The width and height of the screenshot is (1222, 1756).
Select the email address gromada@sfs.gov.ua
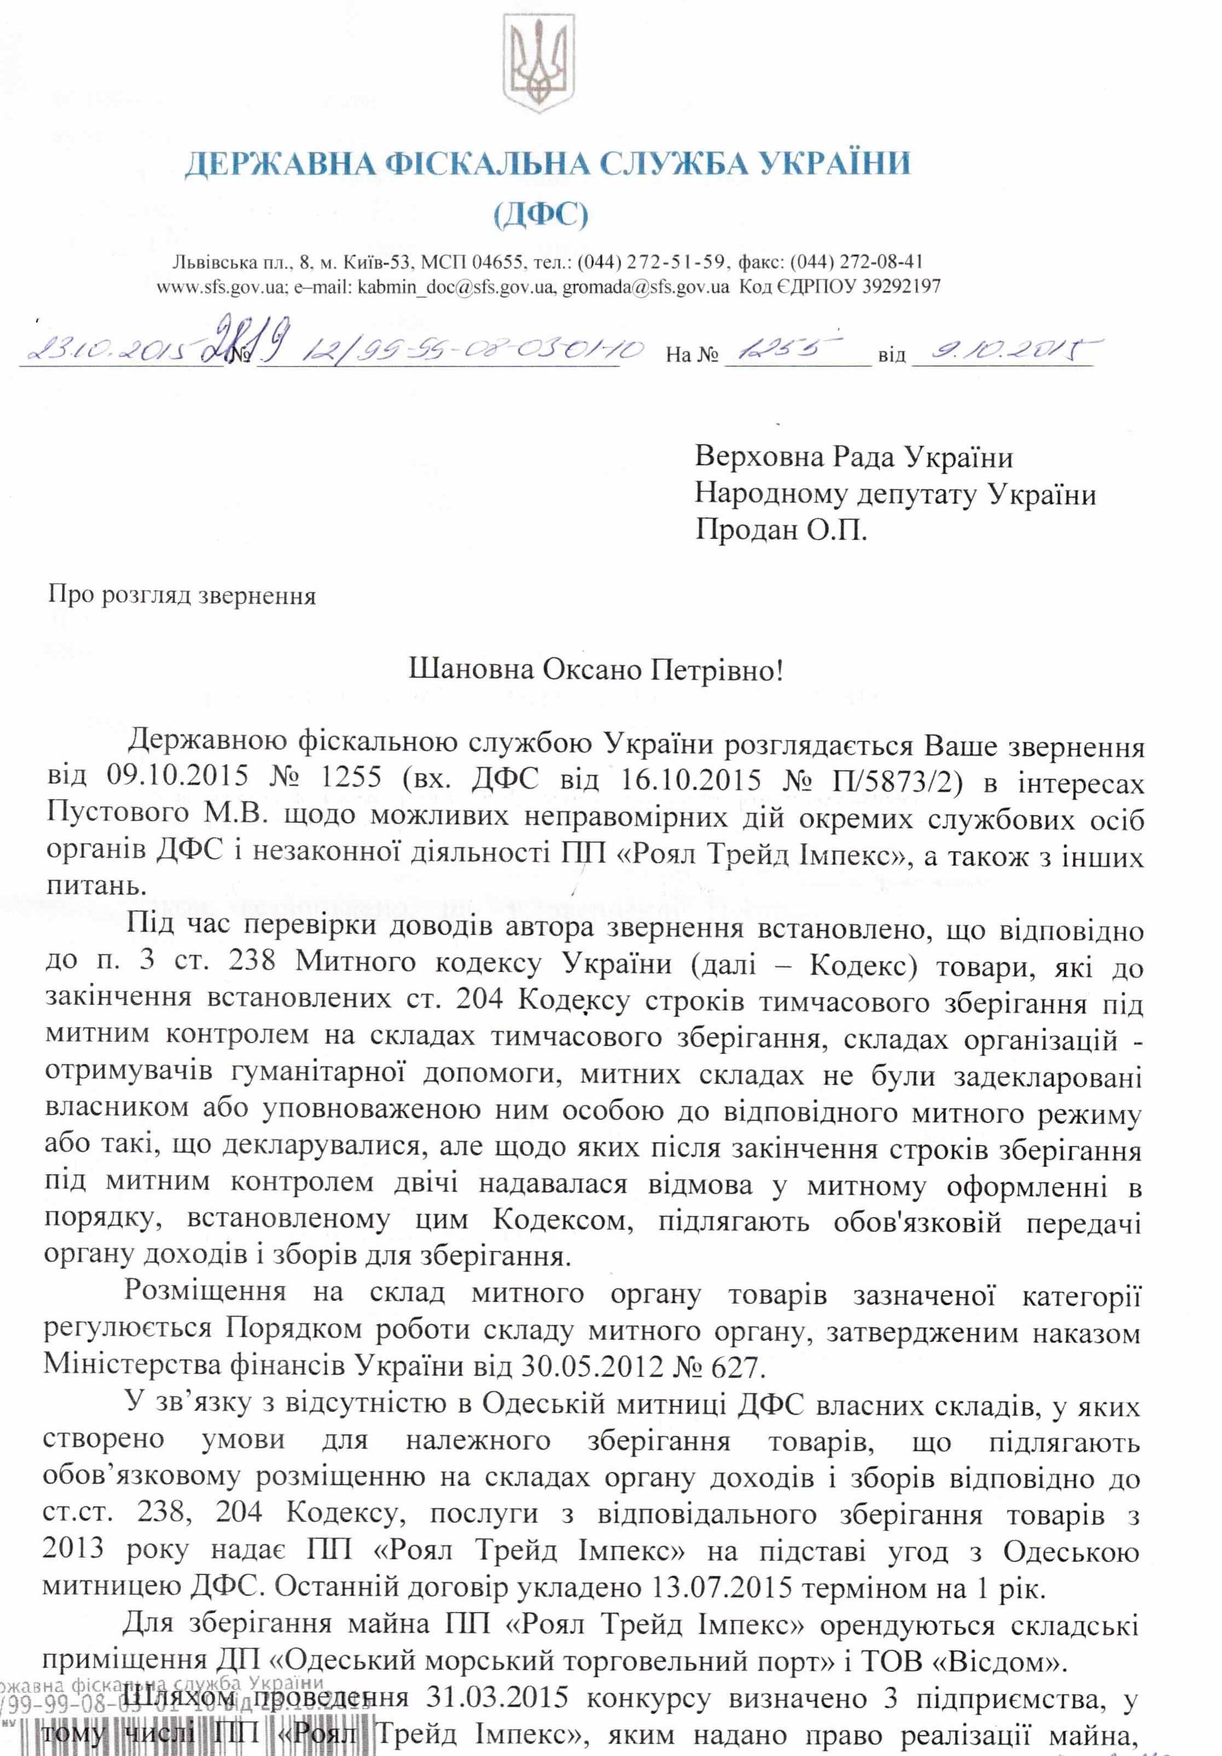[645, 287]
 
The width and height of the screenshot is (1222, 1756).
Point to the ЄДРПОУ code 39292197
[899, 287]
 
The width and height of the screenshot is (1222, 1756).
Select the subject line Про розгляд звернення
[182, 595]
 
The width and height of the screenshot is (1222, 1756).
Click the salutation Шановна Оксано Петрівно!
[596, 670]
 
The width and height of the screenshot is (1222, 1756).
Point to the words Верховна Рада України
[853, 457]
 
